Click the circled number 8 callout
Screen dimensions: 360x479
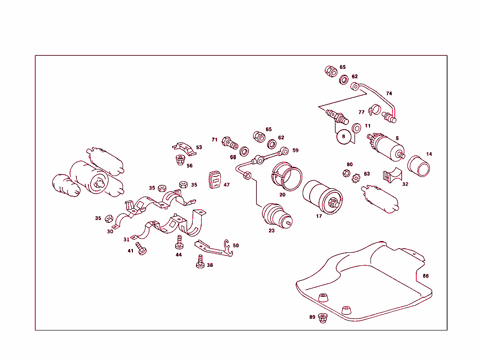pyautogui.click(x=344, y=137)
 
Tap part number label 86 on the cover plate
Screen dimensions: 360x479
pyautogui.click(x=425, y=276)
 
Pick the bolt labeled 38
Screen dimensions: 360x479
pyautogui.click(x=200, y=260)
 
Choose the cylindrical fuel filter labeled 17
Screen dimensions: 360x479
pyautogui.click(x=323, y=197)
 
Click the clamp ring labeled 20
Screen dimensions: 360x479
pyautogui.click(x=288, y=176)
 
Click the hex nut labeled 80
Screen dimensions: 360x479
pyautogui.click(x=347, y=172)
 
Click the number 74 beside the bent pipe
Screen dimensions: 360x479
pyautogui.click(x=389, y=93)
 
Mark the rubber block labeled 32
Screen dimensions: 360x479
pyautogui.click(x=392, y=176)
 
